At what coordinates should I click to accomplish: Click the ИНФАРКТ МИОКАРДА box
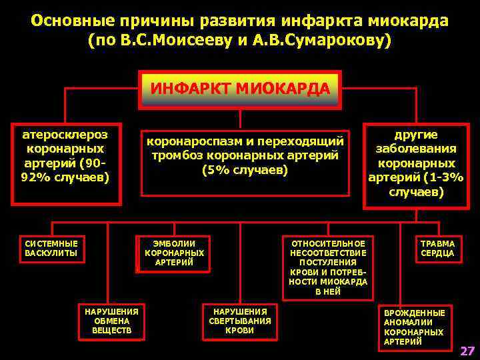[x=240, y=89]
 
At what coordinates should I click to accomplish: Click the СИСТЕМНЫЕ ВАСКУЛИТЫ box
[x=51, y=248]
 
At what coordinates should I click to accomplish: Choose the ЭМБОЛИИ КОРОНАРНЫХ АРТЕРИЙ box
[x=174, y=253]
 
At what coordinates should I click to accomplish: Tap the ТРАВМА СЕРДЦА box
[x=437, y=248]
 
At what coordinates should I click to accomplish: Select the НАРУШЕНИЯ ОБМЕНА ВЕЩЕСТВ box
[x=112, y=321]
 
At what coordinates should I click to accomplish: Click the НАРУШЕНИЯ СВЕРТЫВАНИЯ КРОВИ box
[x=240, y=321]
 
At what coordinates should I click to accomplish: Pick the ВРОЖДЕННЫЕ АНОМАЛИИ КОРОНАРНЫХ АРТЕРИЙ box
[x=414, y=327]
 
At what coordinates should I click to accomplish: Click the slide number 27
[x=467, y=351]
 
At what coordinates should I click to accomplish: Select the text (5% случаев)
[x=245, y=170]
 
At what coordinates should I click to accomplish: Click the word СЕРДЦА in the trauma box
[x=437, y=253]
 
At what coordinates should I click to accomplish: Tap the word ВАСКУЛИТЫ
[x=51, y=253]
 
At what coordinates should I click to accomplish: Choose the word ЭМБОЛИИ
[x=174, y=243]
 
